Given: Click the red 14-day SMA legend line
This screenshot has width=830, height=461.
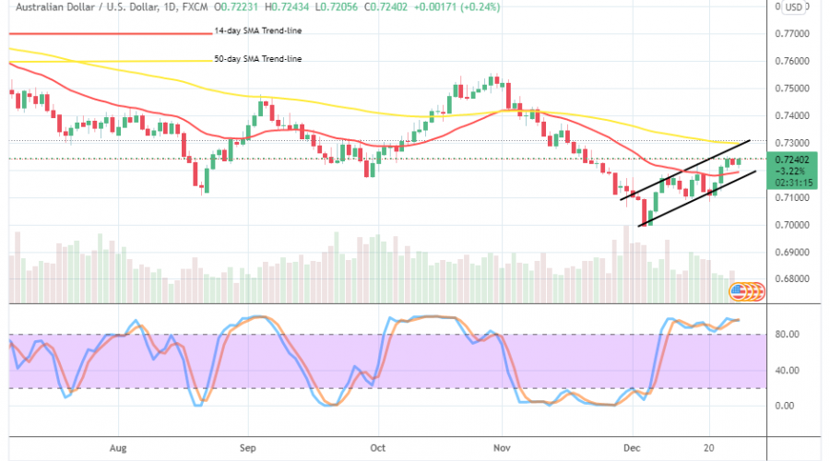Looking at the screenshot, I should tap(65, 32).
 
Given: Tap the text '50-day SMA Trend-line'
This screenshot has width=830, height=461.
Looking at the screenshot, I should tap(257, 59).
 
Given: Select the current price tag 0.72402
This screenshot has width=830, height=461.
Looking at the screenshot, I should tap(795, 160).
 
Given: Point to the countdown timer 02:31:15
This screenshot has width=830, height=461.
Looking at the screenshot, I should tap(795, 183).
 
